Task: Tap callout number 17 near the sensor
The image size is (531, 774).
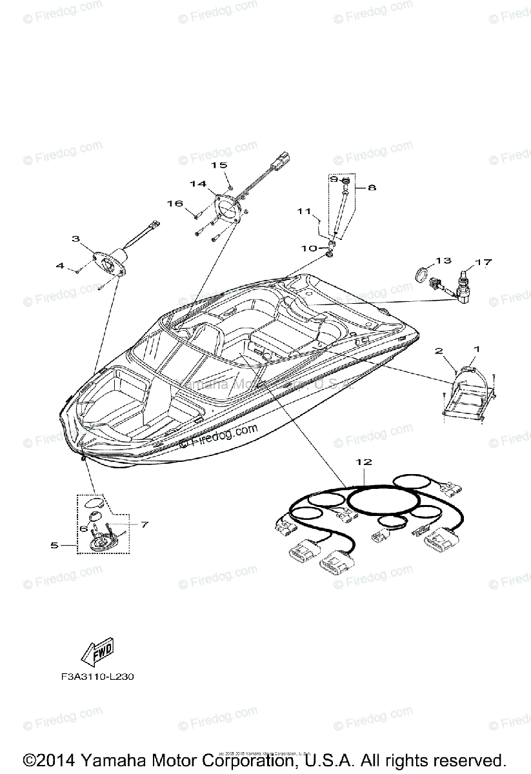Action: [484, 263]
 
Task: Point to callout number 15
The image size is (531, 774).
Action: [219, 165]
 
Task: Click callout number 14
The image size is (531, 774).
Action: [198, 184]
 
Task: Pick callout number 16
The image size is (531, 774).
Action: [175, 203]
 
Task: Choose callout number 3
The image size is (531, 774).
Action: [75, 239]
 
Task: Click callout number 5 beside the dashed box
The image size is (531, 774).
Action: [54, 545]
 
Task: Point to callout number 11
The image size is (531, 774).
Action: [304, 211]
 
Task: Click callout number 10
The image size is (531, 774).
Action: [309, 248]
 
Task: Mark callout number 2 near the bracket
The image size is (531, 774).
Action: [439, 351]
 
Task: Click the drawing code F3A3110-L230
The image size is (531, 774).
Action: [95, 678]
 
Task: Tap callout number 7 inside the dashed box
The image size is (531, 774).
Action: [143, 524]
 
